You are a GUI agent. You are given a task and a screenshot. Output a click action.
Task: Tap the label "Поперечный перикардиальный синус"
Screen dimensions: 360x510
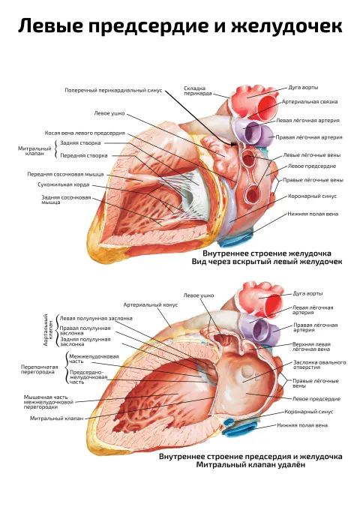113,91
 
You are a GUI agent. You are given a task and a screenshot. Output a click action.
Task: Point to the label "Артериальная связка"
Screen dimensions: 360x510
310,102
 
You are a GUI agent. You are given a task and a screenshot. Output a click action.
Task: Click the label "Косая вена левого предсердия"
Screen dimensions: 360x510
85,133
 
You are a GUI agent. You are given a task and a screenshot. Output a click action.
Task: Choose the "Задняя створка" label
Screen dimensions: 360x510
80,143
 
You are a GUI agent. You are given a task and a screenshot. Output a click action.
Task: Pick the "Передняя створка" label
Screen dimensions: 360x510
84,155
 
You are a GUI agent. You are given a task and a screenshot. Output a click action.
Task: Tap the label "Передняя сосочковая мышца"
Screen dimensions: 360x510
65,174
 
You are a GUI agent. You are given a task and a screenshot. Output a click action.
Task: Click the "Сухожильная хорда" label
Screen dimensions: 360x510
64,184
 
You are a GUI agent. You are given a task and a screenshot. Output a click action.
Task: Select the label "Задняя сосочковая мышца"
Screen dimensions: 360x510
66,199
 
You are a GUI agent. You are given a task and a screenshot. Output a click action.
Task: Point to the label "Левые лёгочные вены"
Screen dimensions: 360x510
312,155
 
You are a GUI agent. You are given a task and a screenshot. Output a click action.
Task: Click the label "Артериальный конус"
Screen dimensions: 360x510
151,305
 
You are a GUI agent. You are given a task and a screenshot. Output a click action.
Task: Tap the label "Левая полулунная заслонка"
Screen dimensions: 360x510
96,319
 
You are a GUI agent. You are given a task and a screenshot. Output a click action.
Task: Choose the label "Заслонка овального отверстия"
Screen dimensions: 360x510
319,364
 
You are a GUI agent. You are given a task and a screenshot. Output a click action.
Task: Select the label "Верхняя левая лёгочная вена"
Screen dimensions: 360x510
311,346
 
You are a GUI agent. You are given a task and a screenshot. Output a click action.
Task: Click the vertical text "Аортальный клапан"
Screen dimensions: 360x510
48,330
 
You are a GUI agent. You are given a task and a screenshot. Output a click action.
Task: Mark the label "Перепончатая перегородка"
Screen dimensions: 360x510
39,370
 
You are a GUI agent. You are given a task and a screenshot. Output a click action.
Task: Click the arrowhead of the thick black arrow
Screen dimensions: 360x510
234,144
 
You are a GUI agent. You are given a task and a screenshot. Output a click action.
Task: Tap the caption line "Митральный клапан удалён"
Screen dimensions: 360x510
250,465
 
